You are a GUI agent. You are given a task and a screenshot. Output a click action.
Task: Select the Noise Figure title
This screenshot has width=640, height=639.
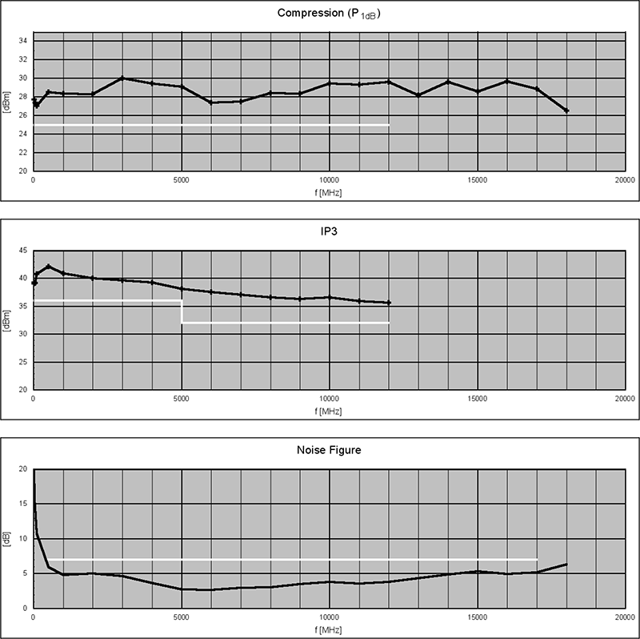point(329,450)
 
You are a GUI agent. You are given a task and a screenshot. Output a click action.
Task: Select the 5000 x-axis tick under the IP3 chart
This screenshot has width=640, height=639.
point(182,399)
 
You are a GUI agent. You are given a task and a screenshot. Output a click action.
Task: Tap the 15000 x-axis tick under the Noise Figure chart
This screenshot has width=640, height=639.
point(478,617)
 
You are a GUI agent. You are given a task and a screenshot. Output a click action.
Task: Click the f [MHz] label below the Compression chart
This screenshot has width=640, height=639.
point(329,191)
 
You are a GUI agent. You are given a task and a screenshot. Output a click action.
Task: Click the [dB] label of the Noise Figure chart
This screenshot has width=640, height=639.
point(7,539)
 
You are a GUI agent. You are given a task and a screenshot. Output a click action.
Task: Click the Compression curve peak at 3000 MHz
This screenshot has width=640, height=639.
point(122,78)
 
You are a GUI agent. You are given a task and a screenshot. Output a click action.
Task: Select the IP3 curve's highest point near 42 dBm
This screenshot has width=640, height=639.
point(48,267)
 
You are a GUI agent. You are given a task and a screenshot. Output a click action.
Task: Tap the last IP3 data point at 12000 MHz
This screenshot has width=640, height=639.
point(389,303)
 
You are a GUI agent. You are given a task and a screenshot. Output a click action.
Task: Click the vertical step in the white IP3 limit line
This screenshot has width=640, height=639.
point(182,311)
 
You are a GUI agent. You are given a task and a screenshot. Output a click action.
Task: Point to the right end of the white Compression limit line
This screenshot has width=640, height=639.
point(389,125)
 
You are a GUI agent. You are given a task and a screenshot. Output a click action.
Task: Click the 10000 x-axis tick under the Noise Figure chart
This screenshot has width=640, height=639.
point(329,617)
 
